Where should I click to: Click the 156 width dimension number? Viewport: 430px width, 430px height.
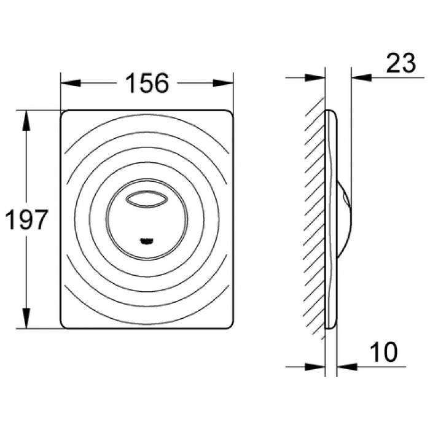click(x=147, y=83)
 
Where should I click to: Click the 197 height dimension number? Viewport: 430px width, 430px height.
click(x=26, y=220)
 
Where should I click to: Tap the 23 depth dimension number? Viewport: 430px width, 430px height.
click(x=401, y=63)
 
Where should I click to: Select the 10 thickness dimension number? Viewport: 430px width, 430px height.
click(x=384, y=352)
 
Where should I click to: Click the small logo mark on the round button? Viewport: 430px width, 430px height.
click(x=147, y=241)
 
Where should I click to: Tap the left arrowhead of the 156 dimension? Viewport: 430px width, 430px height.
click(x=71, y=83)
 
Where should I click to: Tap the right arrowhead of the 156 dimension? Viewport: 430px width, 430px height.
click(x=223, y=83)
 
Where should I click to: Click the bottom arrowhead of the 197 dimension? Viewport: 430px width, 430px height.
click(x=26, y=318)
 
